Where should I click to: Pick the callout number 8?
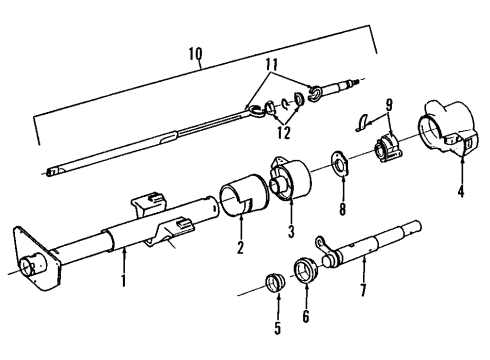coord(342,211)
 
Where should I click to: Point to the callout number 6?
coord(307,322)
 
